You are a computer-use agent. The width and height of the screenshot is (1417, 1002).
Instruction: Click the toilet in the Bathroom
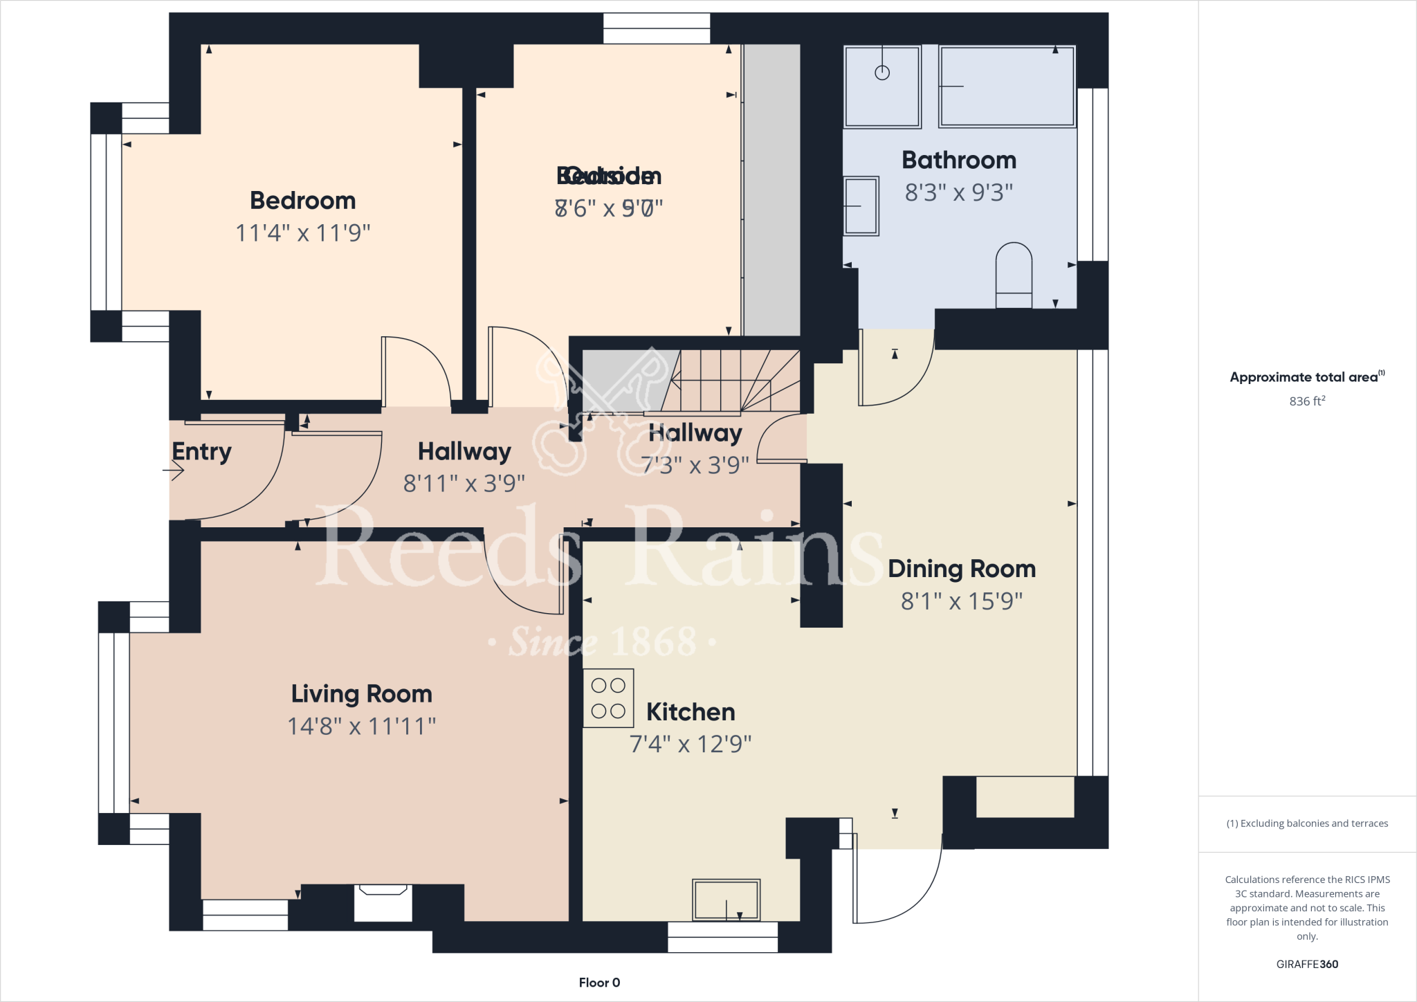pyautogui.click(x=1014, y=275)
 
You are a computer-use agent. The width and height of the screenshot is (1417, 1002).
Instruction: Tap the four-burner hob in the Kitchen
pyautogui.click(x=608, y=698)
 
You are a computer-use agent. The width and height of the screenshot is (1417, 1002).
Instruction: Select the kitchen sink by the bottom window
pyautogui.click(x=726, y=900)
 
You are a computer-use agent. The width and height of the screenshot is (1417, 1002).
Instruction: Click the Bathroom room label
pyautogui.click(x=959, y=161)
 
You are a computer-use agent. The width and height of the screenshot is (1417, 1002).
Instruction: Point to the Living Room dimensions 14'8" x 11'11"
pyautogui.click(x=361, y=726)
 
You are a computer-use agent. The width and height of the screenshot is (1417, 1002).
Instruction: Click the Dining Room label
pyautogui.click(x=961, y=569)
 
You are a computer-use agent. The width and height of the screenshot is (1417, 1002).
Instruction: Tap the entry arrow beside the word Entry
pyautogui.click(x=174, y=471)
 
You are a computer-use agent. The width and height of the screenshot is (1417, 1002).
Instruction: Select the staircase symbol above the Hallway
pyautogui.click(x=733, y=381)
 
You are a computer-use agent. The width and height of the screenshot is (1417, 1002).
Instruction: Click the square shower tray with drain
pyautogui.click(x=882, y=86)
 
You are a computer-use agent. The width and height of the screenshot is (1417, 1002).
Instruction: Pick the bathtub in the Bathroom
pyautogui.click(x=1007, y=86)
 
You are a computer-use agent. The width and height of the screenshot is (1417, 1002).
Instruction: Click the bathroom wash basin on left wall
pyautogui.click(x=861, y=206)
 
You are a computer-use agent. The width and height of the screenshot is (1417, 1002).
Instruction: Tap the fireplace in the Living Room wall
pyautogui.click(x=383, y=902)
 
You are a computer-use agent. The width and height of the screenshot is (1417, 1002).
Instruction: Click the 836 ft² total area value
pyautogui.click(x=1307, y=401)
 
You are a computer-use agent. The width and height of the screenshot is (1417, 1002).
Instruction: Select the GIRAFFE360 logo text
pyautogui.click(x=1307, y=964)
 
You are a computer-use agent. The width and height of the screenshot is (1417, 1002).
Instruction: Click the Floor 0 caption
pyautogui.click(x=599, y=983)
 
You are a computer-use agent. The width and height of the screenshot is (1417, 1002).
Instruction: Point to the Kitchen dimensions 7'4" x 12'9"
pyautogui.click(x=690, y=744)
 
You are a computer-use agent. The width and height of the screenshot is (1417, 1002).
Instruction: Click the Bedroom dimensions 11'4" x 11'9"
pyautogui.click(x=303, y=233)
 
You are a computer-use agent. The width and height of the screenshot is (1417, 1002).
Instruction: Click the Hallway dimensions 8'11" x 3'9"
pyautogui.click(x=464, y=483)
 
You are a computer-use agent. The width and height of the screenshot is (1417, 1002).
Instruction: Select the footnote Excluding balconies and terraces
pyautogui.click(x=1307, y=823)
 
